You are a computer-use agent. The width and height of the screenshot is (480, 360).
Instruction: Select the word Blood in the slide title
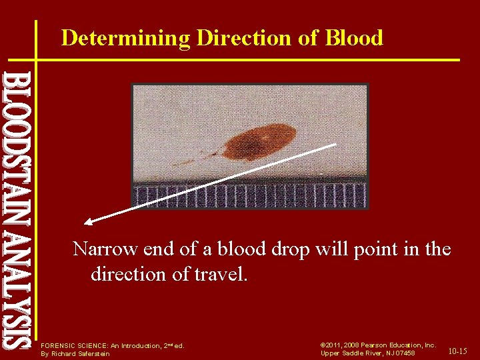click(x=354, y=38)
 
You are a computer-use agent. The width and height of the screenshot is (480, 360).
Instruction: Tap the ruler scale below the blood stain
click(x=250, y=195)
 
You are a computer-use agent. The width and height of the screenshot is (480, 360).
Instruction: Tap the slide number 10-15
click(x=457, y=351)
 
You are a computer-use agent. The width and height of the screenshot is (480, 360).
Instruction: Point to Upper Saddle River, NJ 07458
click(x=368, y=353)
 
